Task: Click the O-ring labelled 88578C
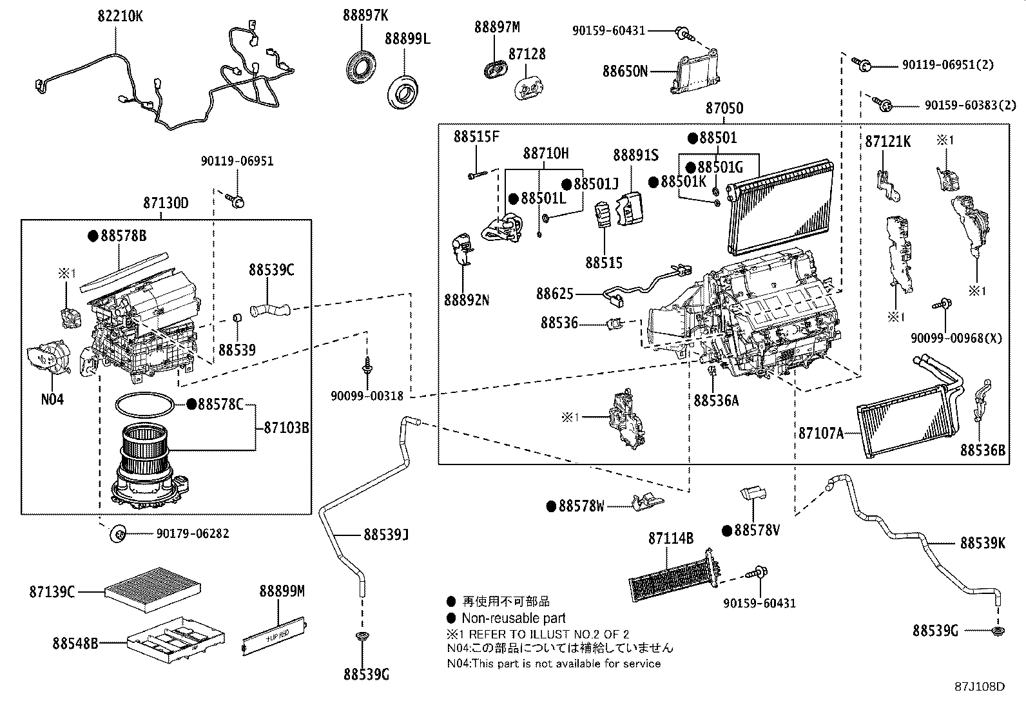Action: [x=145, y=406]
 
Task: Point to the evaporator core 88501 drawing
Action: [x=780, y=206]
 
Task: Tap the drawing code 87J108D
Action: [x=980, y=686]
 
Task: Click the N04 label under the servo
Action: [x=52, y=399]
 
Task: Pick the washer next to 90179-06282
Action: [x=118, y=533]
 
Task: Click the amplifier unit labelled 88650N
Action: [x=696, y=74]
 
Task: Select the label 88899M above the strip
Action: [x=282, y=591]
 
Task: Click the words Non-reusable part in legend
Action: [x=513, y=618]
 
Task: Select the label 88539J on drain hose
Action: [x=386, y=534]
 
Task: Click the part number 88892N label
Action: [x=466, y=300]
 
